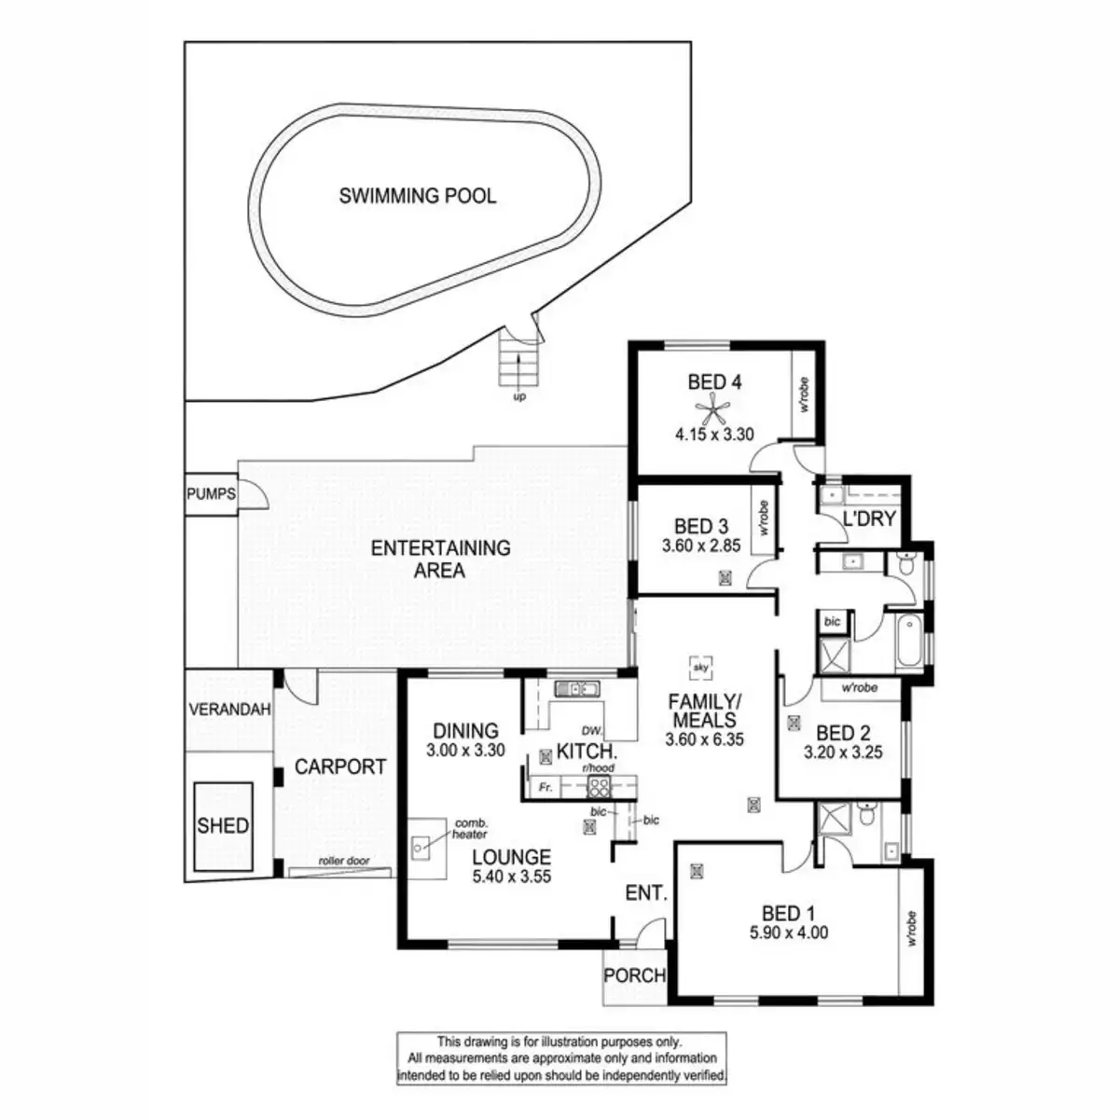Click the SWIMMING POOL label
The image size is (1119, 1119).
click(x=417, y=197)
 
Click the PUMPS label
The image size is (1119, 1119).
click(x=211, y=494)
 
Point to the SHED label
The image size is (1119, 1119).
click(x=223, y=825)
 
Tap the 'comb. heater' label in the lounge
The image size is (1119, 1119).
click(x=469, y=829)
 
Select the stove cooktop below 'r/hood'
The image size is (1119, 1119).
click(x=599, y=786)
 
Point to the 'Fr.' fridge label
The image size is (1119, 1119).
click(x=546, y=788)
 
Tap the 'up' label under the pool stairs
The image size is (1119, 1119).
click(x=519, y=397)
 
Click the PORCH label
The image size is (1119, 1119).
click(x=635, y=976)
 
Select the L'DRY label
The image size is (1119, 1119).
click(x=868, y=519)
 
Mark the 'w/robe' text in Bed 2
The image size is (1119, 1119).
click(x=859, y=688)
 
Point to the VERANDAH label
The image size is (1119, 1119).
click(x=229, y=710)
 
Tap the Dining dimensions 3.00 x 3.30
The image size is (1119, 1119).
click(x=465, y=750)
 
